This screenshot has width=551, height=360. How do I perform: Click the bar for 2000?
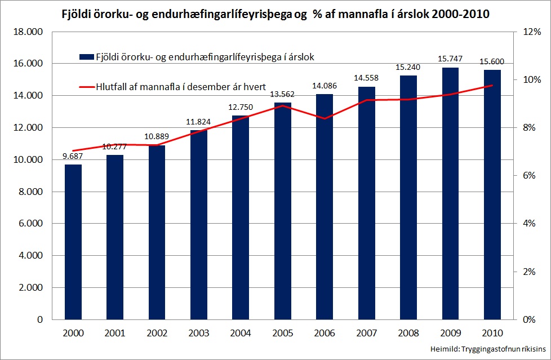click(73, 242)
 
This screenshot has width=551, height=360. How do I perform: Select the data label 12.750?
click(241, 107)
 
